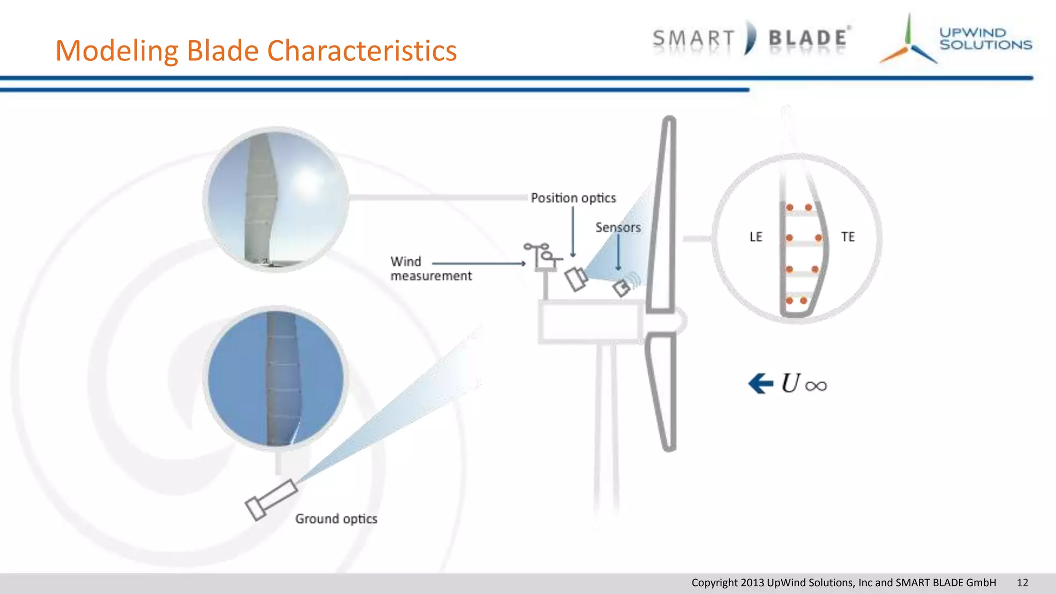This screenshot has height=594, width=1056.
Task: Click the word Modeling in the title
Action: (117, 51)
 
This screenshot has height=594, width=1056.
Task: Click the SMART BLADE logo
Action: (751, 38)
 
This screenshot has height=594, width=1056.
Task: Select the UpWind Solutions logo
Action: (955, 39)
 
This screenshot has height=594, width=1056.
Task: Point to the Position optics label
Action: (573, 198)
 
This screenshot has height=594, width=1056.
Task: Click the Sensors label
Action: (618, 227)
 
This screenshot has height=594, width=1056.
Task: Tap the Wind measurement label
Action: (431, 269)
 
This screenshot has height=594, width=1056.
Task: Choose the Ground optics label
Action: (336, 519)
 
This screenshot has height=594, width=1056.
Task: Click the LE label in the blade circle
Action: (755, 237)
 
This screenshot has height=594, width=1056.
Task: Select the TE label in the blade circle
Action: (848, 237)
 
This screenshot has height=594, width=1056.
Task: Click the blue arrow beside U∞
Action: (761, 384)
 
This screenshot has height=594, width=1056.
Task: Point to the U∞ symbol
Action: (804, 384)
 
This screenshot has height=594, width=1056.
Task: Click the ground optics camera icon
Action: (271, 500)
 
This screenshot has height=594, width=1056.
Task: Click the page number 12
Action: (1022, 583)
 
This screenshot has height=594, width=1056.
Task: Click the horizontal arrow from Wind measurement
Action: (478, 263)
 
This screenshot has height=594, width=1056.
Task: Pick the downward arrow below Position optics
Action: (573, 232)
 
